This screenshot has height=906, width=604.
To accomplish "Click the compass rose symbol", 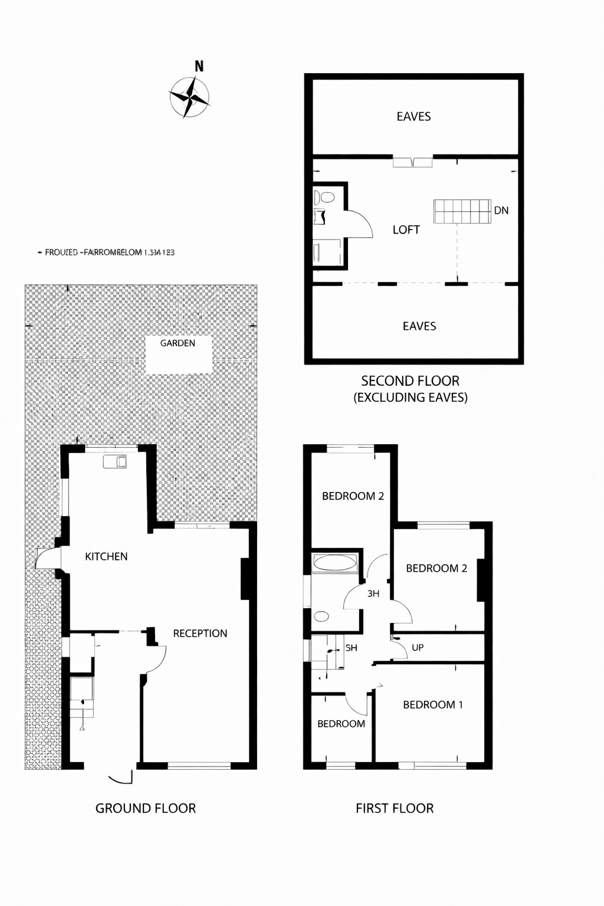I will pos(189,97).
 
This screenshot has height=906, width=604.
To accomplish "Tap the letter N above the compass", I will pos(199,67).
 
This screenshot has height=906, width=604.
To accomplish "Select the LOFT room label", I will pos(406,230).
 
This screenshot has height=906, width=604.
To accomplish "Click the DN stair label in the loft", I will pos(501,211).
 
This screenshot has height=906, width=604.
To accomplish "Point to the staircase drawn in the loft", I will pos(462,212).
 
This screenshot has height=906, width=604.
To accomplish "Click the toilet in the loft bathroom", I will pos(324,197).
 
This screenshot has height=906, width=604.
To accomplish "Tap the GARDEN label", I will pos(178,343).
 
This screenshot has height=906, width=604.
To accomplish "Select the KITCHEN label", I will pos(106,556).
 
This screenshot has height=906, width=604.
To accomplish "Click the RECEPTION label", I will pos(200,633).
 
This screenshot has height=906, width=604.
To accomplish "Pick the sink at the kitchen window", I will pos(114,461).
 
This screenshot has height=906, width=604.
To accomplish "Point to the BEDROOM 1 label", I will pos(433,705).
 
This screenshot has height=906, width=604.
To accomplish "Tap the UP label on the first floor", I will pos(418,648).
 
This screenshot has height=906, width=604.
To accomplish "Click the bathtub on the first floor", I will pos(334,563).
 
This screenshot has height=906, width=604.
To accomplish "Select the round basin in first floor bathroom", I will pos(321,617).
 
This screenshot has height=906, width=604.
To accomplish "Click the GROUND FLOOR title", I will pos(146,809).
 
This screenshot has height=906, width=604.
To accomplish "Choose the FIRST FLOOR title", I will pos(395,809).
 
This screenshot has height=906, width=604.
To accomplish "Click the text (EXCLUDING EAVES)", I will pos(411,398).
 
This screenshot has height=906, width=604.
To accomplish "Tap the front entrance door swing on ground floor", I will pos(122,778).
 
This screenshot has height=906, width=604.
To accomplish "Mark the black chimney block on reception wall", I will pos(245,579).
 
